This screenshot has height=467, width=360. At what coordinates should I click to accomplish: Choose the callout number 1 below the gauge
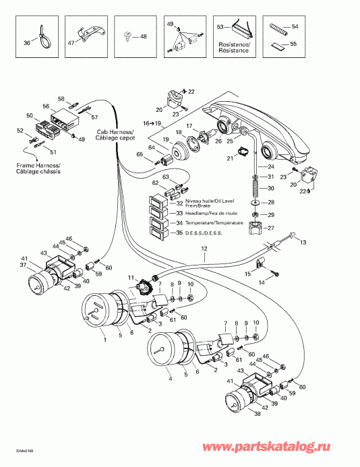[104, 340]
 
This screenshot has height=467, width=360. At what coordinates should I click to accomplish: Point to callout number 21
[230, 158]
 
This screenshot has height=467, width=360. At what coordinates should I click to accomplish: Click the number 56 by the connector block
[46, 106]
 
